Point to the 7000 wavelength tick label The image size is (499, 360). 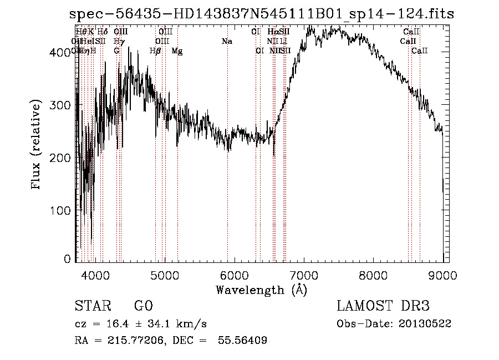tap(303, 273)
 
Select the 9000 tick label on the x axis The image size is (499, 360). tap(442, 273)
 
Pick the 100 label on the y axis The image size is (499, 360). tap(62, 210)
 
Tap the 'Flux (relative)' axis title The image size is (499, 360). tap(37, 145)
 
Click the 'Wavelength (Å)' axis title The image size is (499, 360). tap(261, 290)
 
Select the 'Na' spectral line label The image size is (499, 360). tap(226, 41)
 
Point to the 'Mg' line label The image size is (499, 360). tap(177, 51)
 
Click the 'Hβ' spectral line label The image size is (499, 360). tap(155, 51)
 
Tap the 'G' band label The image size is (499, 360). tap(116, 51)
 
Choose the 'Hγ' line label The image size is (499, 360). tap(118, 41)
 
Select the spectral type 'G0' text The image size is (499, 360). tap(143, 306)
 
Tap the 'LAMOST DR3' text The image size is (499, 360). tap(383, 306)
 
